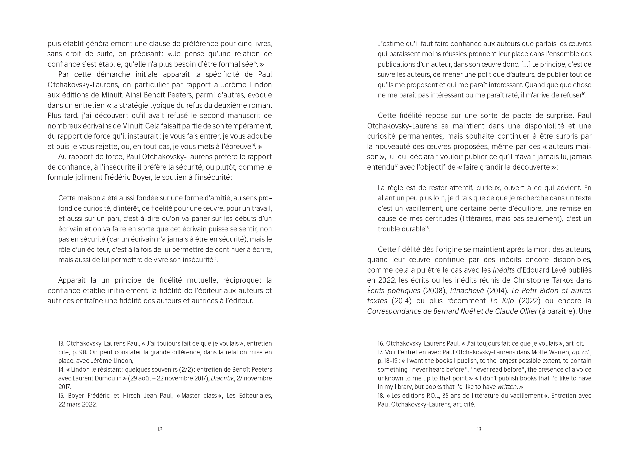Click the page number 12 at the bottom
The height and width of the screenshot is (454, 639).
(x=160, y=429)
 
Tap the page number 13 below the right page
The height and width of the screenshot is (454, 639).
(x=479, y=429)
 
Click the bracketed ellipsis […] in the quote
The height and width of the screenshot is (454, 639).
(x=526, y=64)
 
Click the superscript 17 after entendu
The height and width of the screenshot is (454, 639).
(x=396, y=166)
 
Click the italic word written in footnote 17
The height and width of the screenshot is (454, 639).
(x=507, y=387)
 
